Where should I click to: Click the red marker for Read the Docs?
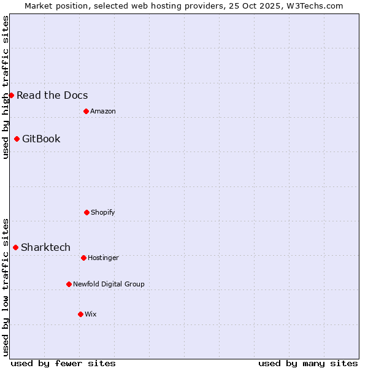coord(11,95)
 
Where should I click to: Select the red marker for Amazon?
coord(86,111)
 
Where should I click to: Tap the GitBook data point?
coord(17,139)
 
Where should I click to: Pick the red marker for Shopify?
coord(86,212)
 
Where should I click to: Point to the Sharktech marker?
coord(15,247)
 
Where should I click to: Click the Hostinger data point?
coord(83,258)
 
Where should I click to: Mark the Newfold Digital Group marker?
coord(69,284)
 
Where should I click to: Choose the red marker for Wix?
coord(80,314)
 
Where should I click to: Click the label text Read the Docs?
coord(52,95)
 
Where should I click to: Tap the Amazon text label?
coord(103,111)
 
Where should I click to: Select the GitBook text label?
coord(41,139)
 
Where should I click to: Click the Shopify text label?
coord(103,212)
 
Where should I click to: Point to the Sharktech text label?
coord(45,247)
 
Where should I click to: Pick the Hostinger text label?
coord(103,258)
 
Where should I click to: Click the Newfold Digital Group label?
coord(109,284)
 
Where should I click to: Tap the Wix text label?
coord(91,314)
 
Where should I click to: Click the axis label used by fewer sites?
coord(63,363)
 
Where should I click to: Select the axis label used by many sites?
coord(308,363)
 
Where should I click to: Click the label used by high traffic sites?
coord(6,87)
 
